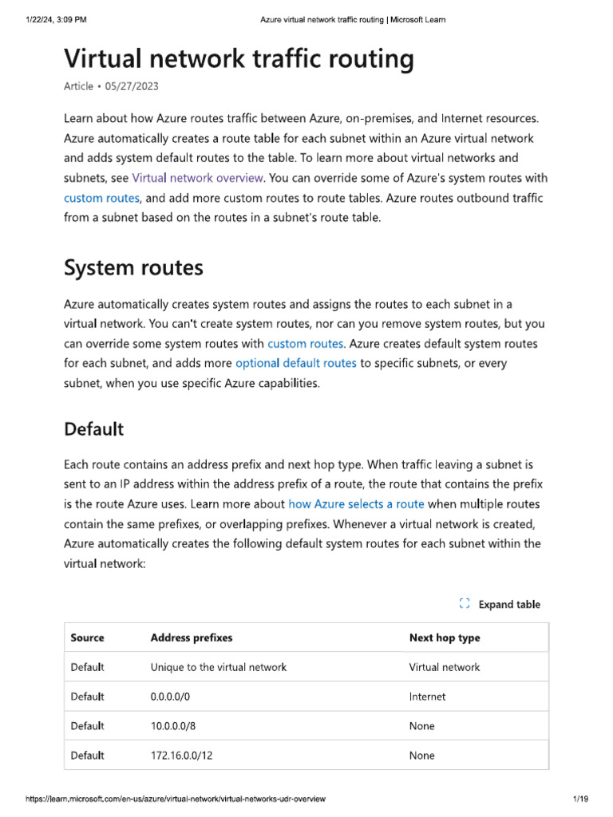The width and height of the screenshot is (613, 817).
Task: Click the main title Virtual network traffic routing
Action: (239, 59)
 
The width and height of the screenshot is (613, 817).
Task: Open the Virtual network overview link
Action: (197, 178)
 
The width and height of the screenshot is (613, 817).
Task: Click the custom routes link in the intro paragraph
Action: (101, 197)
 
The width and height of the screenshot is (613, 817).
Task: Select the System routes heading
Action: (133, 268)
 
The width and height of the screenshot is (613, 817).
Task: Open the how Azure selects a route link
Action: (356, 504)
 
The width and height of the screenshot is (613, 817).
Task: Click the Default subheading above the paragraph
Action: (93, 429)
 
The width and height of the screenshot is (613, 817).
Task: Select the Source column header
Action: (87, 637)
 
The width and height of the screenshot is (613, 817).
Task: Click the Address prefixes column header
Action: (192, 637)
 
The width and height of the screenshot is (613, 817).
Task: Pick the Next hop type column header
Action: (445, 637)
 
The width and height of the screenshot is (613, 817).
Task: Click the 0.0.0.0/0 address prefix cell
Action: (170, 697)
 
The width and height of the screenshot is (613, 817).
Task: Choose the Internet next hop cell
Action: (427, 697)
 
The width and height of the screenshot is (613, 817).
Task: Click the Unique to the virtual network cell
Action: (218, 667)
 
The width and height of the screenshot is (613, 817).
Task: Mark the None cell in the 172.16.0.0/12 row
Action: (421, 756)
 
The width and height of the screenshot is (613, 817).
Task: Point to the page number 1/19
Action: (579, 799)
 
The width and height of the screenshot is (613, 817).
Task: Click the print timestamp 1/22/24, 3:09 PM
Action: (55, 20)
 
